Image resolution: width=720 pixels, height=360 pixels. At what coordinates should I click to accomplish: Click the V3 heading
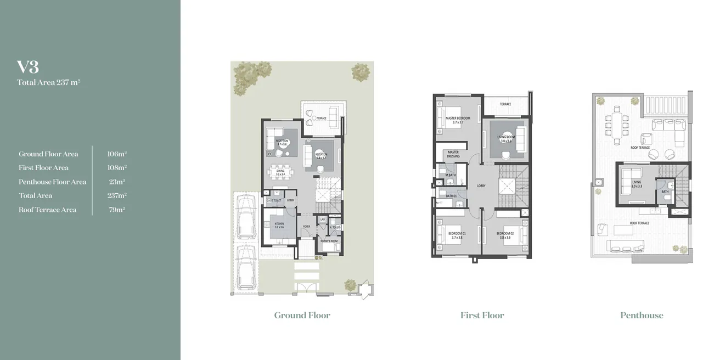click(28, 67)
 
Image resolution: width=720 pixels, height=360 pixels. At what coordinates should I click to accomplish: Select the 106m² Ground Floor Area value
click(117, 154)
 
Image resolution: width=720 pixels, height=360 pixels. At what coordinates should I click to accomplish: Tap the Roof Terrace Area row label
click(48, 210)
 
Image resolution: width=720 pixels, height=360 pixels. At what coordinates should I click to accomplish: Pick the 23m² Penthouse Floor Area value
click(117, 182)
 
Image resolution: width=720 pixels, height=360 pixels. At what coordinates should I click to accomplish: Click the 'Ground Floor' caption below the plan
click(302, 315)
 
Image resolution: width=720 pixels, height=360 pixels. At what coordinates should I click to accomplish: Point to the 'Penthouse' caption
click(642, 315)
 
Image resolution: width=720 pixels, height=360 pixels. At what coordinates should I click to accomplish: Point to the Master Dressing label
click(453, 154)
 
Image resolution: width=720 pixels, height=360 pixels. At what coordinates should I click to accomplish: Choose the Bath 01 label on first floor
click(452, 196)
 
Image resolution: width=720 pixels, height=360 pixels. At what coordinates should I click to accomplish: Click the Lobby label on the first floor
click(481, 186)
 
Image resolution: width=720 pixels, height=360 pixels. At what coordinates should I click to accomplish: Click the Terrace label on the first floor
click(505, 104)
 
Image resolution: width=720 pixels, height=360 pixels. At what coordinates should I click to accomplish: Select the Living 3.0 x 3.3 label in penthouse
click(636, 184)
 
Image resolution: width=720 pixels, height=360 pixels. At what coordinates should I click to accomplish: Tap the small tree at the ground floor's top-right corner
click(361, 71)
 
